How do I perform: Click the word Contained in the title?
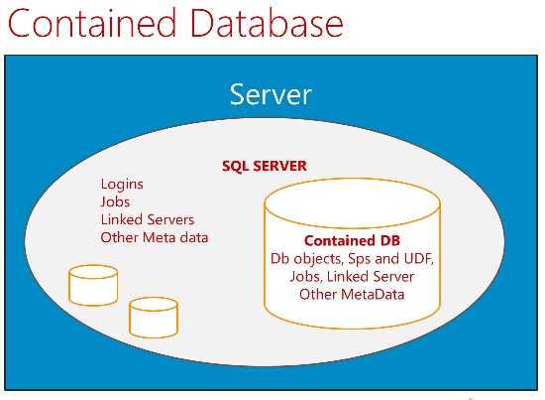click(x=92, y=23)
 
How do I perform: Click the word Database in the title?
click(x=268, y=23)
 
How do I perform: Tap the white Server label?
click(x=271, y=94)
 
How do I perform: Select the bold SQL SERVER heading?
click(x=265, y=166)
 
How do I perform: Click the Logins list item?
click(x=122, y=185)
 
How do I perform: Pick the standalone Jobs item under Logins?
click(x=115, y=201)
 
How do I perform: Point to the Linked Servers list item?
click(x=148, y=219)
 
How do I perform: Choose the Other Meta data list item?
click(x=155, y=237)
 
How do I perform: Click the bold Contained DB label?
click(x=352, y=240)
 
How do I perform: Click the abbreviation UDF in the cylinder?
click(x=419, y=259)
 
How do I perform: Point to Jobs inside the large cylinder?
click(x=306, y=277)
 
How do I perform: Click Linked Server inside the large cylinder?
click(x=371, y=276)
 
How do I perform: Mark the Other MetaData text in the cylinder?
click(x=352, y=295)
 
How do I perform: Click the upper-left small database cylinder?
click(x=93, y=285)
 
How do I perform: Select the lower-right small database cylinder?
click(x=154, y=318)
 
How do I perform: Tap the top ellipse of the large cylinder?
click(x=352, y=203)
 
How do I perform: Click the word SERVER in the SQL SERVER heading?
click(x=279, y=166)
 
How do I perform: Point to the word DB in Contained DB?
click(x=389, y=240)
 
